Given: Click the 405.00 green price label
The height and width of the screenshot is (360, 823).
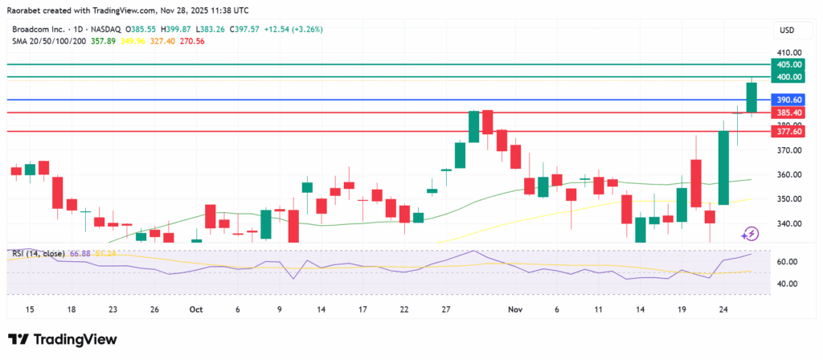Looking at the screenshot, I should (785, 64).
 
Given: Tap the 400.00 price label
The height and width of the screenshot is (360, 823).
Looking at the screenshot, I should (785, 77).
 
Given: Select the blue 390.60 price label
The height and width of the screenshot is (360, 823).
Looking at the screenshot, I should (785, 100).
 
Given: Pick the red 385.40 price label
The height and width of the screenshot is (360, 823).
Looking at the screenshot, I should (785, 112).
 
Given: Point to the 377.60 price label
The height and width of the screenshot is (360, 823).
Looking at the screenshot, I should (785, 131).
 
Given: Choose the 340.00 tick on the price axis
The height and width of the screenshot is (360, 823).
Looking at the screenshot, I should (785, 223).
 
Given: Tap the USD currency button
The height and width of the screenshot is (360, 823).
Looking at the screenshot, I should (786, 31).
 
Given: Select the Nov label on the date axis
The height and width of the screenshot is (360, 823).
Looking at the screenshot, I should (515, 309).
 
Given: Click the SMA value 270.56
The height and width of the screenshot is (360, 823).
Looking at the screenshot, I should (194, 41).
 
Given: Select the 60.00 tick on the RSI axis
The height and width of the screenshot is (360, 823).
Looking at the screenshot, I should (785, 262).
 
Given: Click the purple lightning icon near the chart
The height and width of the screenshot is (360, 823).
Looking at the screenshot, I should (750, 233).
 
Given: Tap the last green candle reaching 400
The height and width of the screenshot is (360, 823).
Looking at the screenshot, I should (751, 96).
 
